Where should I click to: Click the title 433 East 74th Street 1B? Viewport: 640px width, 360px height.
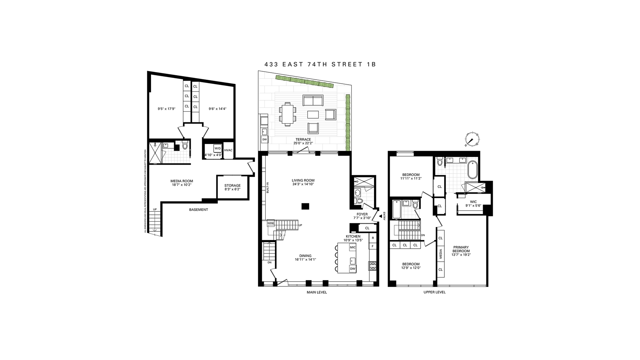(320, 64)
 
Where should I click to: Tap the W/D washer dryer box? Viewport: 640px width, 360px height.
(217, 148)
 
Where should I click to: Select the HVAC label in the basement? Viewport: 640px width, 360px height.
(228, 150)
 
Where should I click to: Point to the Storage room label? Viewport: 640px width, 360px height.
(232, 186)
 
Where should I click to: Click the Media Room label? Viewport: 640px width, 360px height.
(182, 181)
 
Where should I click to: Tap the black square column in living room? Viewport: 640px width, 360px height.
(305, 206)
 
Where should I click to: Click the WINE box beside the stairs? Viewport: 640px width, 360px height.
(271, 223)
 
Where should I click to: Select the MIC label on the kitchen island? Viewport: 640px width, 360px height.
(352, 247)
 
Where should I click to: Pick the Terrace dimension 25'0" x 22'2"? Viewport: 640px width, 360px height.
(303, 143)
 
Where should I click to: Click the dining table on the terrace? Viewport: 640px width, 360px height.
(287, 114)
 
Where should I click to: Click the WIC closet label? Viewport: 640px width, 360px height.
(473, 202)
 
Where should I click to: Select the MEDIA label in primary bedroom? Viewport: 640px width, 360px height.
(441, 254)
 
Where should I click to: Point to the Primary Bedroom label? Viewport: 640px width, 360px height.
(461, 249)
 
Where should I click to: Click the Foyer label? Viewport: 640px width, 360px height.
(362, 214)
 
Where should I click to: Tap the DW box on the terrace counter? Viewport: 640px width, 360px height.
(265, 139)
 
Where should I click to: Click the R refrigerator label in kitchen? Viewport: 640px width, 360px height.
(373, 238)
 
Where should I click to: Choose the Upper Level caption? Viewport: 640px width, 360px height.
(434, 292)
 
